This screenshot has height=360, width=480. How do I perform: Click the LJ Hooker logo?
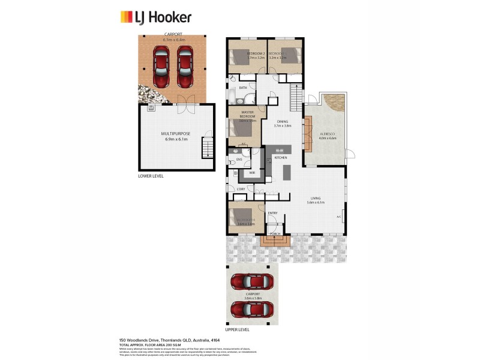(x=156, y=16)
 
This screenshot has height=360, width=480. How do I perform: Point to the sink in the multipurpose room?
(x=151, y=109)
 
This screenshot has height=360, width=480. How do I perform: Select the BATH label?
(x=243, y=88)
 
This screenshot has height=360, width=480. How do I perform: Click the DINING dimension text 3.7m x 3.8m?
(x=282, y=126)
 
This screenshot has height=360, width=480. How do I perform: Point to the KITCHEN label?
(x=281, y=157)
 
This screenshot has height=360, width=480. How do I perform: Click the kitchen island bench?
(x=286, y=172)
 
